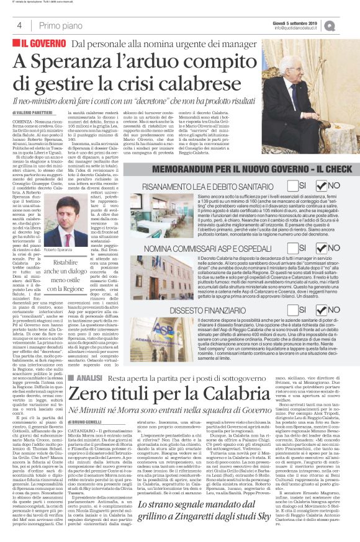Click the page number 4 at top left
(x=20, y=25)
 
